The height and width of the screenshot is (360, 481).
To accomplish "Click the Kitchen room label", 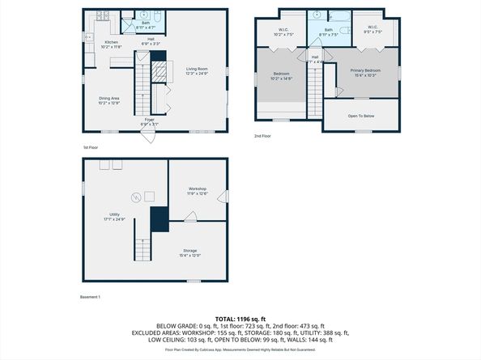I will coord(112,44).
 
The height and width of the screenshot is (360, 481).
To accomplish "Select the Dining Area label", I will coord(109,100).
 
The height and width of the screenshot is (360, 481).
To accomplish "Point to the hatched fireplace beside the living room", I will coord(160,71).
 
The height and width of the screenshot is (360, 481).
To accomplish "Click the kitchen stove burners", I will coord(103,15).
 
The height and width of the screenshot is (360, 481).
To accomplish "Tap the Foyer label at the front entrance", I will coord(150,122).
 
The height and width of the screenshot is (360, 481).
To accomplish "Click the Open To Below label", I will coord(360,116).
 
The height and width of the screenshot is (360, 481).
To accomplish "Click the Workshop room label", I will coord(198,191).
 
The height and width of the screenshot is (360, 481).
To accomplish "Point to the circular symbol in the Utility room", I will coord(136,194).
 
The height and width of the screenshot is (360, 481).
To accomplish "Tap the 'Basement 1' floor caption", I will coord(90,297).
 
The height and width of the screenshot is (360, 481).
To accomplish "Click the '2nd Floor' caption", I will coord(263,136).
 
